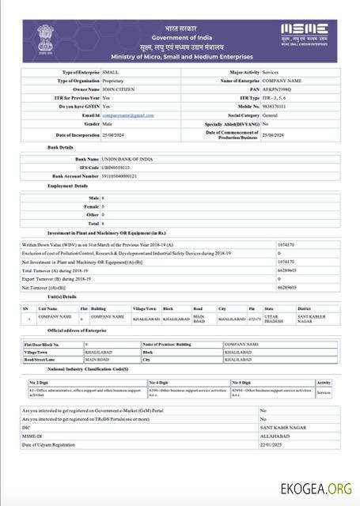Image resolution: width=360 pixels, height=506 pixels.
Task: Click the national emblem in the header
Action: point(44,39)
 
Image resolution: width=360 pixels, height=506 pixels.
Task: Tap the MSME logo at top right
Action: point(305,34)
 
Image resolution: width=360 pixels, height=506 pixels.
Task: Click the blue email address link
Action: point(128,115)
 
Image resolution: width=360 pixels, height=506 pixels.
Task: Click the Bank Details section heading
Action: point(61,147)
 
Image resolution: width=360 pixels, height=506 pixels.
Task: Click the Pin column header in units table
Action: point(252,308)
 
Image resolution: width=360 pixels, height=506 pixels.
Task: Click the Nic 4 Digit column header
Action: point(159,382)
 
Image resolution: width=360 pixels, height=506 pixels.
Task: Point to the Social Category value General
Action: point(273,115)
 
